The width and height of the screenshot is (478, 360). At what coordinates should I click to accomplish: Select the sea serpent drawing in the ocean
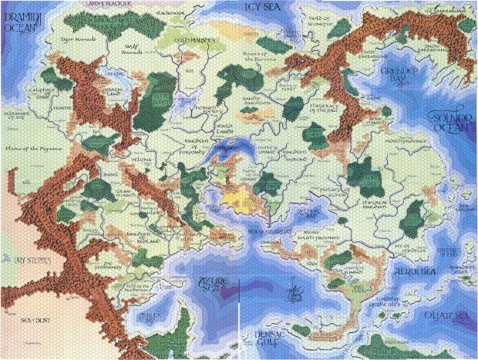pos(291,294)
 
